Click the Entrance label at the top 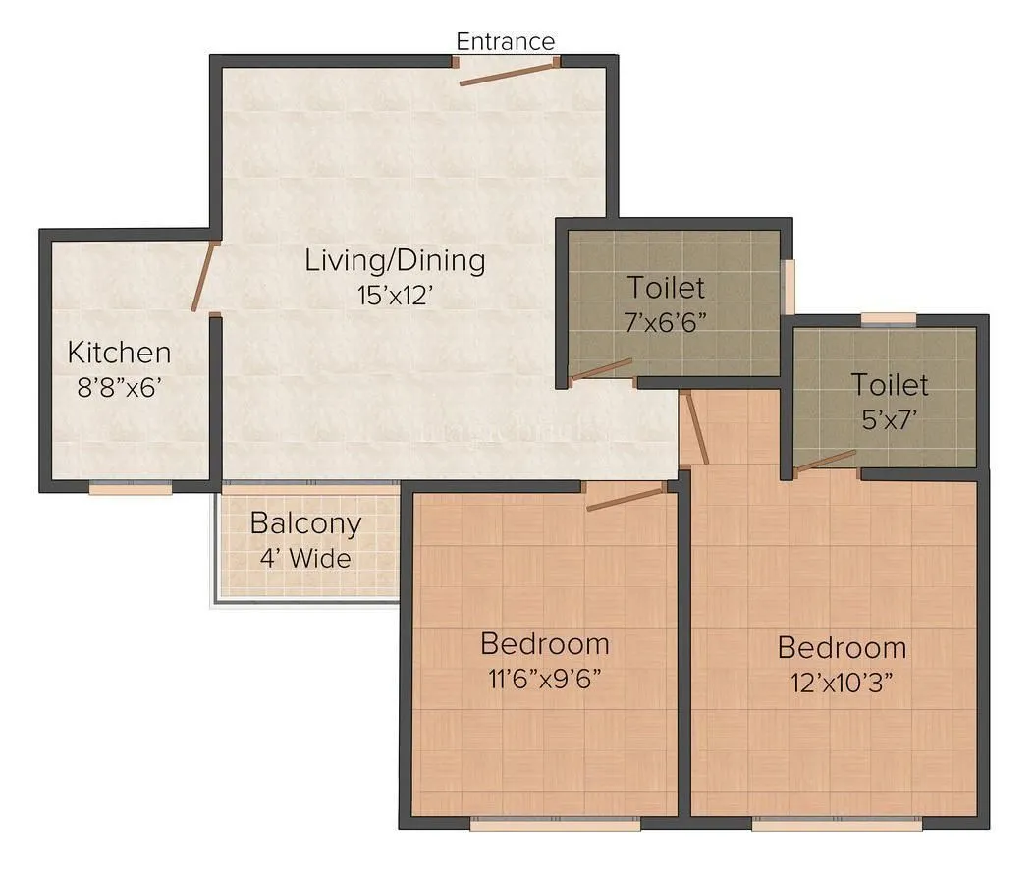coord(505,41)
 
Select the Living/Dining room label coord(395,261)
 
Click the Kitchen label coord(119,352)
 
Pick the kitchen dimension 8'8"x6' coord(119,386)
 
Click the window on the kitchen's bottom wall coord(131,486)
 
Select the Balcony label coord(305,523)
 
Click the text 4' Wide coord(305,558)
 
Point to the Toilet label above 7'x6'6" coord(666,288)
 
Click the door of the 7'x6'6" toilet coord(601,369)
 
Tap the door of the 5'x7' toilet coord(826,461)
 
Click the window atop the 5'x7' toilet coord(889,318)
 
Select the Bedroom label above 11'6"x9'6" coord(544,644)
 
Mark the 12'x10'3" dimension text coord(842,682)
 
